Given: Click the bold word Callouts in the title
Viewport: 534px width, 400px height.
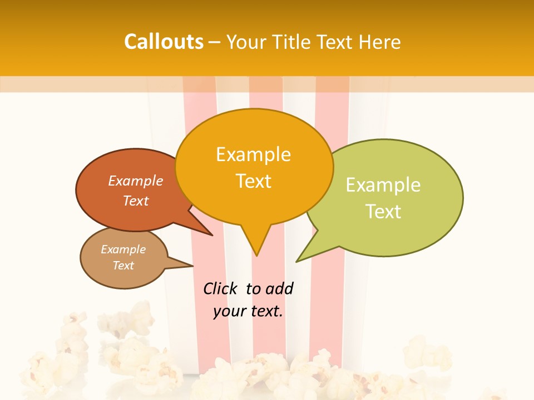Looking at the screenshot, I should pyautogui.click(x=164, y=42).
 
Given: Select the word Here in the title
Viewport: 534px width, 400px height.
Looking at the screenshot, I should pyautogui.click(x=380, y=42).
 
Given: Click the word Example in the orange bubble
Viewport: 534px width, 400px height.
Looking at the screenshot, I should pyautogui.click(x=253, y=154).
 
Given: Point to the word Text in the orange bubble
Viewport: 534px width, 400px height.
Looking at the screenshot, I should pyautogui.click(x=253, y=181).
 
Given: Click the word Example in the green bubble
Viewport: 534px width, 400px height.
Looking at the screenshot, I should pyautogui.click(x=383, y=185).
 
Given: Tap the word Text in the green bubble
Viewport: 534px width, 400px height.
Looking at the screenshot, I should pyautogui.click(x=383, y=211).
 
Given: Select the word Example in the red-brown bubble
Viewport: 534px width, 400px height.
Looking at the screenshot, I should pyautogui.click(x=135, y=181).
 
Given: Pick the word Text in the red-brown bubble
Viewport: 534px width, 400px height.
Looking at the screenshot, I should pyautogui.click(x=135, y=201).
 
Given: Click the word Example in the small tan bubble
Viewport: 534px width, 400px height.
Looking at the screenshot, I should pyautogui.click(x=123, y=249).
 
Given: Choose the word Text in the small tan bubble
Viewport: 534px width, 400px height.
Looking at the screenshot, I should pyautogui.click(x=123, y=265).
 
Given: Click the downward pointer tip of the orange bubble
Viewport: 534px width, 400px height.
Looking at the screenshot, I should pyautogui.click(x=256, y=255).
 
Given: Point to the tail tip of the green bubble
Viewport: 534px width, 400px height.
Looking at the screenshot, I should pyautogui.click(x=297, y=261).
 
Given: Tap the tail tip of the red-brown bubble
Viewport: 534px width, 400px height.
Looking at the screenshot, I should pyautogui.click(x=212, y=235).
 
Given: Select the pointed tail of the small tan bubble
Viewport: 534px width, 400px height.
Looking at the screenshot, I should pyautogui.click(x=192, y=266).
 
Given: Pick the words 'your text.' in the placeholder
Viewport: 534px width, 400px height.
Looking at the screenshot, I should pyautogui.click(x=248, y=311).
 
